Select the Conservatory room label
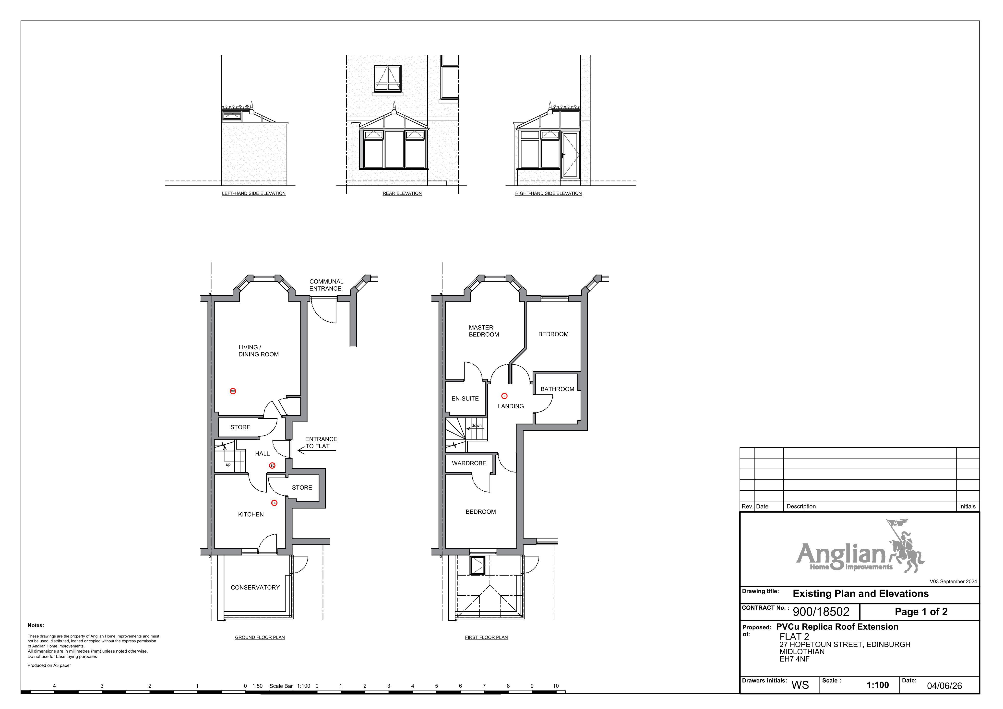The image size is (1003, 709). [x=255, y=588]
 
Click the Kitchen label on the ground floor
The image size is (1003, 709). [x=251, y=515]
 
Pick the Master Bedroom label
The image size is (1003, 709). [x=484, y=331]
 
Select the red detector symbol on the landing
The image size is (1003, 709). [x=504, y=396]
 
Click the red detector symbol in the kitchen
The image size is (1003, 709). [x=274, y=503]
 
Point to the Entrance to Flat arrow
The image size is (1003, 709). [x=317, y=450]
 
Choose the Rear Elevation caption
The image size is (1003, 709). [x=402, y=193]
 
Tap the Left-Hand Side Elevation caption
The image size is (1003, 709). [x=254, y=193]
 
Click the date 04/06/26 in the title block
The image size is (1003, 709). [x=944, y=686]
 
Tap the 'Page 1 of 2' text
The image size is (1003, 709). [x=921, y=612]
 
